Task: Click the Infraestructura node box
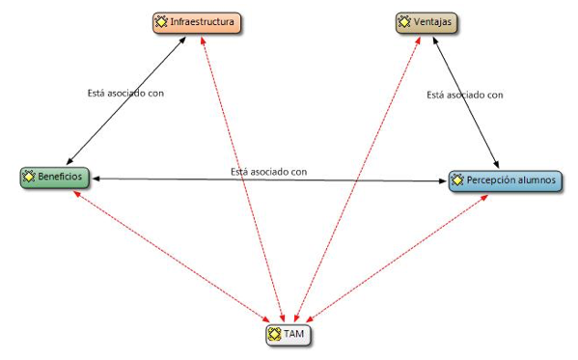pos(197,23)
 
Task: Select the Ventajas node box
pos(427,23)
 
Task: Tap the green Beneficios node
pos(55,178)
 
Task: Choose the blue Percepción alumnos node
pos(506,180)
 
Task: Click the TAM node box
pos(289,335)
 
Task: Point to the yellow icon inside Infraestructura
pos(161,22)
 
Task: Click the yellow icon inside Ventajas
pos(404,22)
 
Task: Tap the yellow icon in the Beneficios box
pos(28,177)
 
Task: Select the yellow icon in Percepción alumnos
pos(457,180)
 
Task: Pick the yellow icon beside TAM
pos(274,334)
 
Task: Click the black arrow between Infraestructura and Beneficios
pos(125,100)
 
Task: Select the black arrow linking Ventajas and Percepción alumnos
pos(465,101)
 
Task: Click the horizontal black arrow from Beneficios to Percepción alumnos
pos(269,180)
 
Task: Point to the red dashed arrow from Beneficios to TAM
pos(172,257)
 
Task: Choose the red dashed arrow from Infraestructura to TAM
pos(242,180)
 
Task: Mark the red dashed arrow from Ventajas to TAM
pos(357,180)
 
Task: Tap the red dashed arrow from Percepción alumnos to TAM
pos(397,259)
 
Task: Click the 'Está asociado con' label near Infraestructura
pos(125,94)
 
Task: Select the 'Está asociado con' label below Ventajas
pos(465,96)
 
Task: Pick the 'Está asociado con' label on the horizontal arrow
pos(268,172)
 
